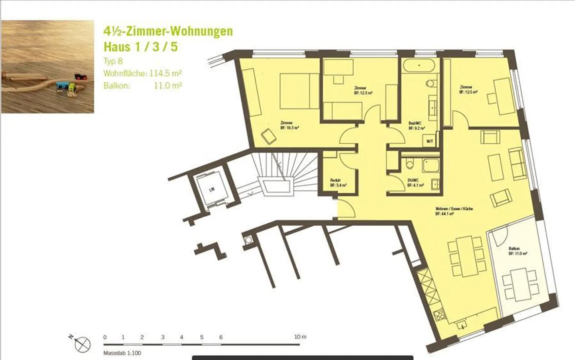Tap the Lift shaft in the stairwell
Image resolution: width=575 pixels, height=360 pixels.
click(x=212, y=189)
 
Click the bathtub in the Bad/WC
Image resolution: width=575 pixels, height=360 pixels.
click(x=419, y=65)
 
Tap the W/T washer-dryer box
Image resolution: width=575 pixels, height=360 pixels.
click(x=430, y=141)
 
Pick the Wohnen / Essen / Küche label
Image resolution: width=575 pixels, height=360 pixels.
click(x=454, y=211)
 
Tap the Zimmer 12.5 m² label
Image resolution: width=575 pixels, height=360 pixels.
click(x=468, y=89)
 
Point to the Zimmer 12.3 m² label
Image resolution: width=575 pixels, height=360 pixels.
click(x=363, y=91)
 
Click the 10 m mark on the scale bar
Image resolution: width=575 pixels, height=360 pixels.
click(x=300, y=337)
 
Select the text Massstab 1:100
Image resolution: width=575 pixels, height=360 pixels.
click(x=122, y=353)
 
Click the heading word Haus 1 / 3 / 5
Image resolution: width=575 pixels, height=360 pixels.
click(x=141, y=47)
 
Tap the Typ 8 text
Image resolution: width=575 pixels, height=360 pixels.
click(x=113, y=61)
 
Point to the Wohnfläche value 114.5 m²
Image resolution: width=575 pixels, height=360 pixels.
click(x=166, y=73)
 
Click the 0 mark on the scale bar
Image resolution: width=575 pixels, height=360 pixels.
click(x=105, y=337)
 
